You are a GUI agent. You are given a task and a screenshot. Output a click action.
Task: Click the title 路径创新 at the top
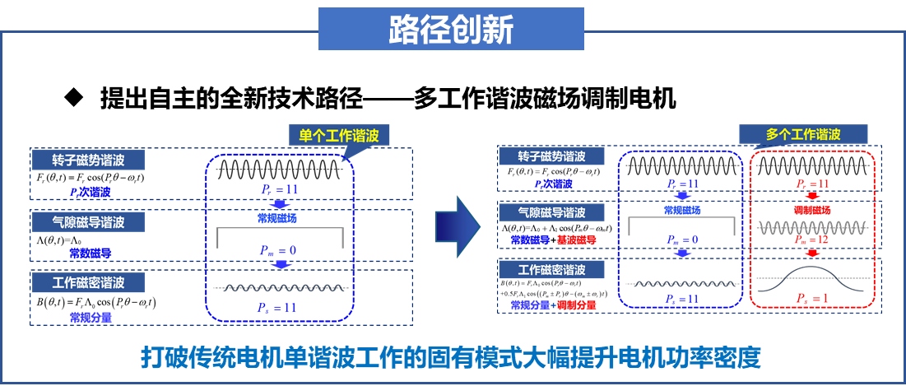tap(451, 30)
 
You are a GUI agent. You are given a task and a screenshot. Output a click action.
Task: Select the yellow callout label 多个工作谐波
tap(803, 134)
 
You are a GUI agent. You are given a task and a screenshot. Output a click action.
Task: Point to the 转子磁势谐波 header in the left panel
tap(87, 160)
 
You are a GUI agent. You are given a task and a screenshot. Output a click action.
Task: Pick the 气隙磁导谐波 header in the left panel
tap(87, 221)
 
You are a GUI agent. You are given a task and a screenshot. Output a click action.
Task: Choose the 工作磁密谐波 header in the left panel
tap(87, 282)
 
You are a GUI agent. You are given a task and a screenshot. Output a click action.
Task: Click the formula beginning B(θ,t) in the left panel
tap(96, 302)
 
